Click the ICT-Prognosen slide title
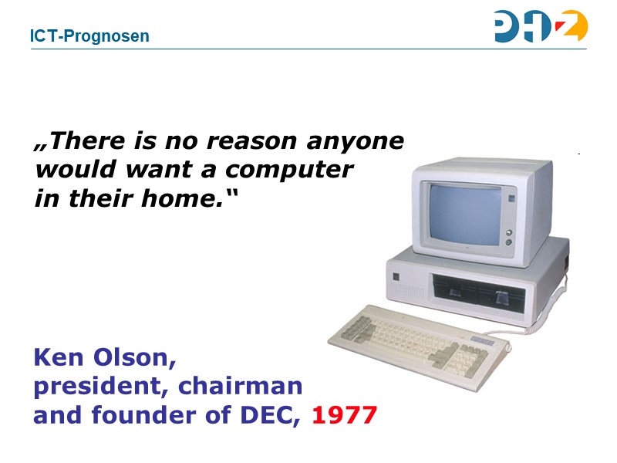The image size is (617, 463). [x=89, y=36]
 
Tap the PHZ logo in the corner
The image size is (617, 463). [x=541, y=27]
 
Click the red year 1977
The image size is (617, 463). [x=345, y=415]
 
